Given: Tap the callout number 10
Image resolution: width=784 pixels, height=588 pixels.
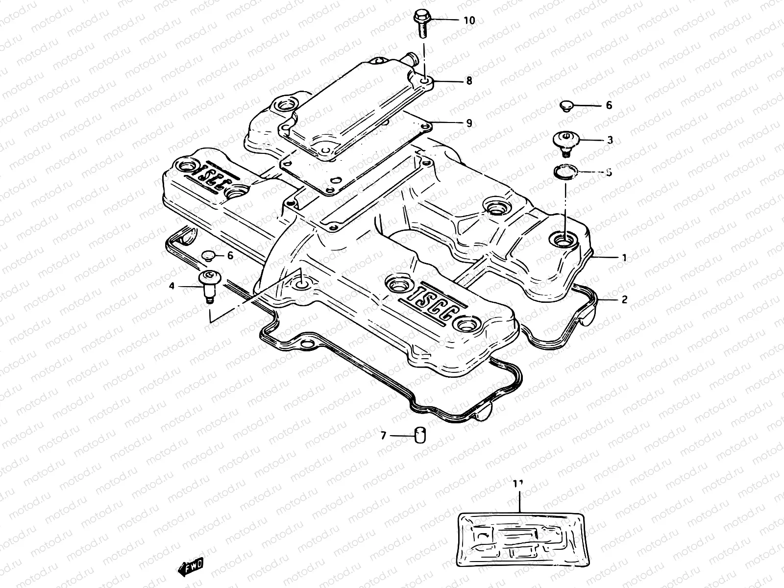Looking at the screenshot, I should (469, 21).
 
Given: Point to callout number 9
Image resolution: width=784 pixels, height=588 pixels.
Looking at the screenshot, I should (469, 123).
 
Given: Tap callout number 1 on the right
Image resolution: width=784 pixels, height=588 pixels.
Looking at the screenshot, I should (624, 257).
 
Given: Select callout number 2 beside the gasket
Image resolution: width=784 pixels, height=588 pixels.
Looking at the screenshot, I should (624, 299).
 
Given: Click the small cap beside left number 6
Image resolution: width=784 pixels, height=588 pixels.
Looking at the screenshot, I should (209, 255).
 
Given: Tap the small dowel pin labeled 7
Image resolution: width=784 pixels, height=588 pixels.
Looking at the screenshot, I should (420, 435).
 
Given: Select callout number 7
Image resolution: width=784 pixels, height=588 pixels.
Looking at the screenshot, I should (384, 435).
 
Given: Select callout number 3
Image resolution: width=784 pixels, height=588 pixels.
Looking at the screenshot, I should (610, 140).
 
